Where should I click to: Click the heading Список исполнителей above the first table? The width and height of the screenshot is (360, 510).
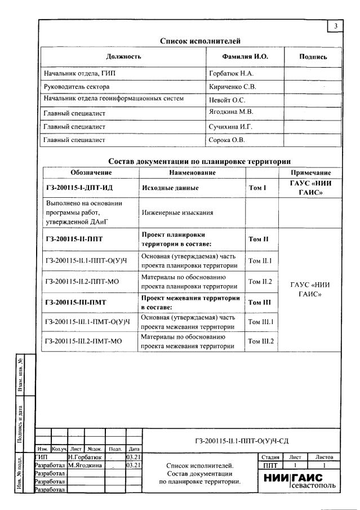coord(201,41)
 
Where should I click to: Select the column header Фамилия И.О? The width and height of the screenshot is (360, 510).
coord(245,57)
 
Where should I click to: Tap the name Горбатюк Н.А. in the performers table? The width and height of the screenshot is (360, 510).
coord(232,73)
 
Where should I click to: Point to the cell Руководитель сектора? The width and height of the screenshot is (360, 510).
coord(77,87)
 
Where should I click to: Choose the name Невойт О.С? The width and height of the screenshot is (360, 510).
coord(228,100)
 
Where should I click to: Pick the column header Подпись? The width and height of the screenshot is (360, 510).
coord(313,57)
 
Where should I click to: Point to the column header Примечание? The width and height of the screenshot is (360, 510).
coord(310,172)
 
